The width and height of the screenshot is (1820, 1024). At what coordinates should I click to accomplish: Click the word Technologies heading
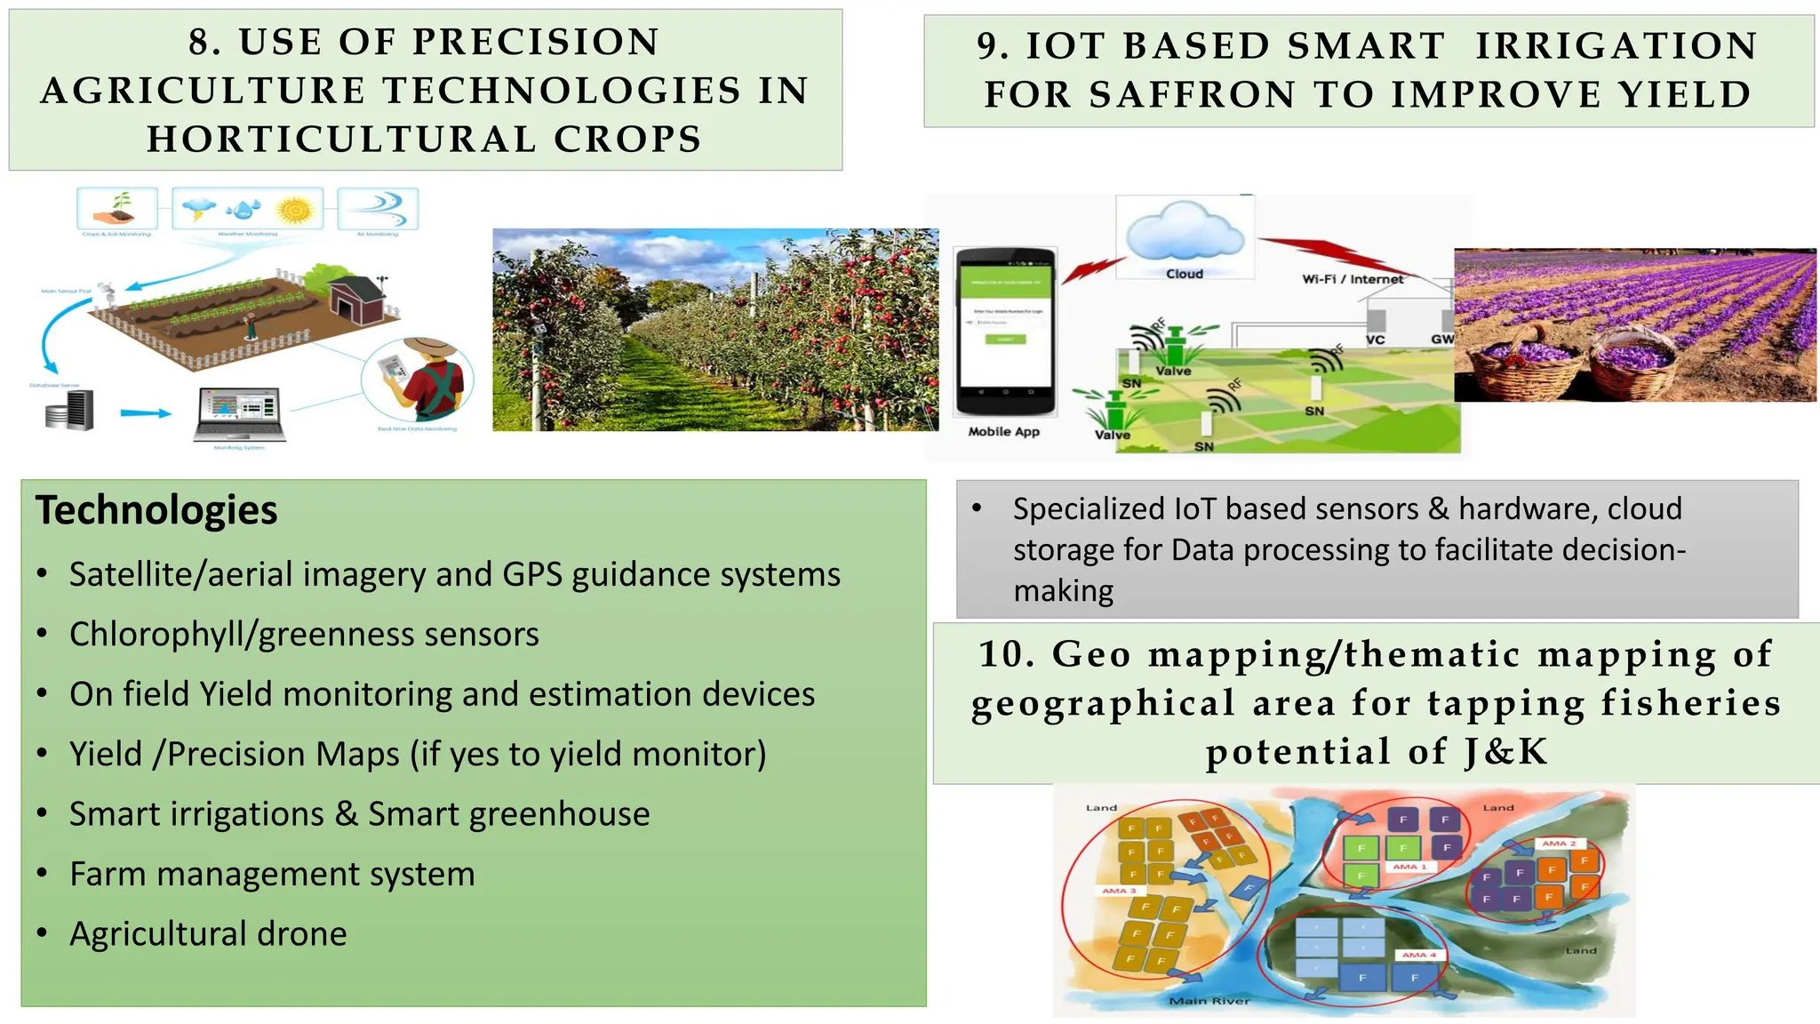tap(156, 510)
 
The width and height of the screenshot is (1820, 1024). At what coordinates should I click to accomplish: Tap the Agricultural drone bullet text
tap(208, 933)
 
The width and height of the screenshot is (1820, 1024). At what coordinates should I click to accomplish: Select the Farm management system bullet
tap(272, 874)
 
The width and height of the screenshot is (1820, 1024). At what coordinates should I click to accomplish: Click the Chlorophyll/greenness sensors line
tap(304, 635)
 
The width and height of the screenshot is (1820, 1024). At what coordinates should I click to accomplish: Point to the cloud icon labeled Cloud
tap(1185, 235)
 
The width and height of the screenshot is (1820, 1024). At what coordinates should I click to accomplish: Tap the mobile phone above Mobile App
tap(1005, 332)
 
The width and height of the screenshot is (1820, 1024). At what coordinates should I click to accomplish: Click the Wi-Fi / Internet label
tap(1353, 279)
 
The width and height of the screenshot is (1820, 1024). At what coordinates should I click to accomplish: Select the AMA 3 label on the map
tap(1119, 891)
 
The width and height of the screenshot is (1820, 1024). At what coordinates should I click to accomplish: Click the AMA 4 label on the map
tap(1418, 956)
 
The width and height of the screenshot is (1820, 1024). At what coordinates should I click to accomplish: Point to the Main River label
tap(1209, 1001)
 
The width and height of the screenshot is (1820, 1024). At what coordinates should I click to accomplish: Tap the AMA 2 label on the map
tap(1559, 843)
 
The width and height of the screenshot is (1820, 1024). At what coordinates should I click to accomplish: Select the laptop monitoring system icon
tap(240, 413)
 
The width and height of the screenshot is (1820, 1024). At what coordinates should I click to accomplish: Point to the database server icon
tap(70, 411)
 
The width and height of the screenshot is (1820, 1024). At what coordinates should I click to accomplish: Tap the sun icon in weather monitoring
tap(295, 211)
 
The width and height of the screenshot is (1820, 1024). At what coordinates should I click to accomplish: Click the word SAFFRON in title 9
tap(1193, 94)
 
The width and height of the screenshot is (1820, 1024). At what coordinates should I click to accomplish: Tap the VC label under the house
tap(1375, 340)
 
